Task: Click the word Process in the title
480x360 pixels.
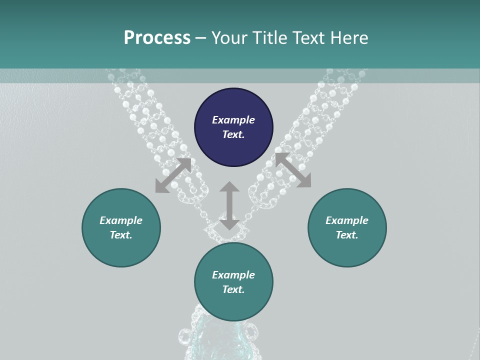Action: tap(157, 38)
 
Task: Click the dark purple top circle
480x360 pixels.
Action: tap(233, 127)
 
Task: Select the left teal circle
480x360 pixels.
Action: tap(121, 227)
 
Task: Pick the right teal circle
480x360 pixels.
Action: tap(347, 227)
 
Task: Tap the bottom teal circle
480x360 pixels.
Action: tap(233, 282)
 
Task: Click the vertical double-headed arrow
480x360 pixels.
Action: tap(229, 206)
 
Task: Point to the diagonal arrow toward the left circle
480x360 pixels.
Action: tap(173, 175)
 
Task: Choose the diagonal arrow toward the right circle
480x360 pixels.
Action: tap(293, 170)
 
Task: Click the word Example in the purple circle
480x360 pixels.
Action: tap(233, 120)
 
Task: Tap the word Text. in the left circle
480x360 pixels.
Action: tap(121, 235)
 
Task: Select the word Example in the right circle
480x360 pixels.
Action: tap(347, 220)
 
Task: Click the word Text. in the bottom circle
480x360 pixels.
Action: tap(233, 289)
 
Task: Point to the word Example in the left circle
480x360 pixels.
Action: tap(121, 220)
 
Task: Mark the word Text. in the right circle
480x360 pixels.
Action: tap(347, 235)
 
